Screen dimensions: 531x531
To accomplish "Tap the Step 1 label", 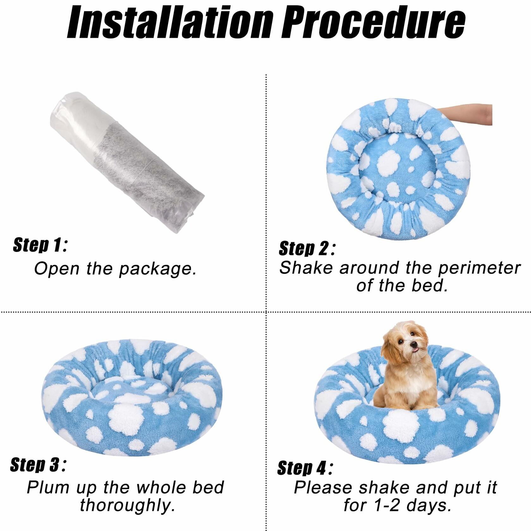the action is coord(40,245).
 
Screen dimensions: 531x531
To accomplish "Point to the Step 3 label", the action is coord(38,465).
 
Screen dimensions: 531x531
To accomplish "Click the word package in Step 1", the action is coord(157,270).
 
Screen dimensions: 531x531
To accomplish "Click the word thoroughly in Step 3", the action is coord(127,505).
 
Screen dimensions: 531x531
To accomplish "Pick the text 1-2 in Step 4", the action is coord(385,505).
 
